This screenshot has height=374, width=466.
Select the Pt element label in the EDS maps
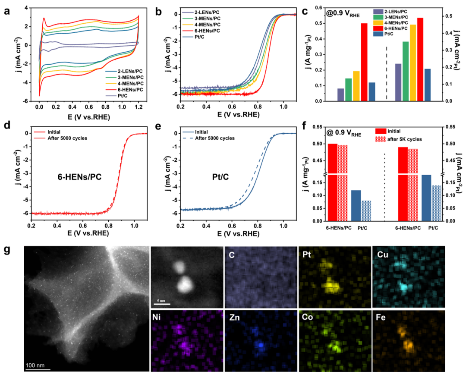tap(306, 254)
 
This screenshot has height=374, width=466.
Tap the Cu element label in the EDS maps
tap(381, 254)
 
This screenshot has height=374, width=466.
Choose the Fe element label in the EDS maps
tap(381, 317)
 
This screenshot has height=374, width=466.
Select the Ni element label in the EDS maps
tap(157, 317)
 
